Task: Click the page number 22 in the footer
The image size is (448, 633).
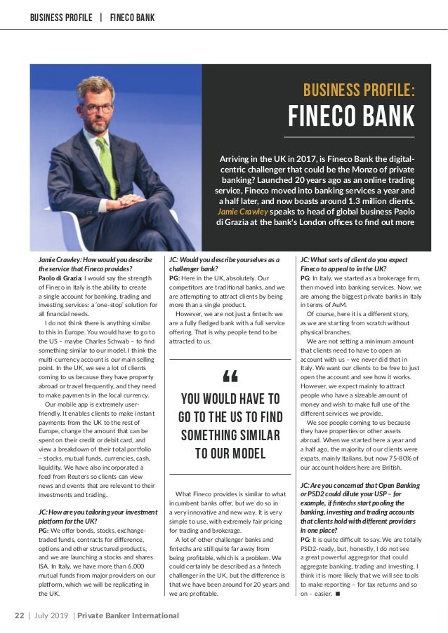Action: click(20, 615)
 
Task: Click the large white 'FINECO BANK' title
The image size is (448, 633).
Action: click(352, 116)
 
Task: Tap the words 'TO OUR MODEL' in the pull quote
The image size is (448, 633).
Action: click(230, 453)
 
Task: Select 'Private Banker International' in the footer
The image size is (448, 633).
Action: click(128, 615)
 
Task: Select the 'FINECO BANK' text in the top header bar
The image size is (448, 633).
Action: click(132, 17)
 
